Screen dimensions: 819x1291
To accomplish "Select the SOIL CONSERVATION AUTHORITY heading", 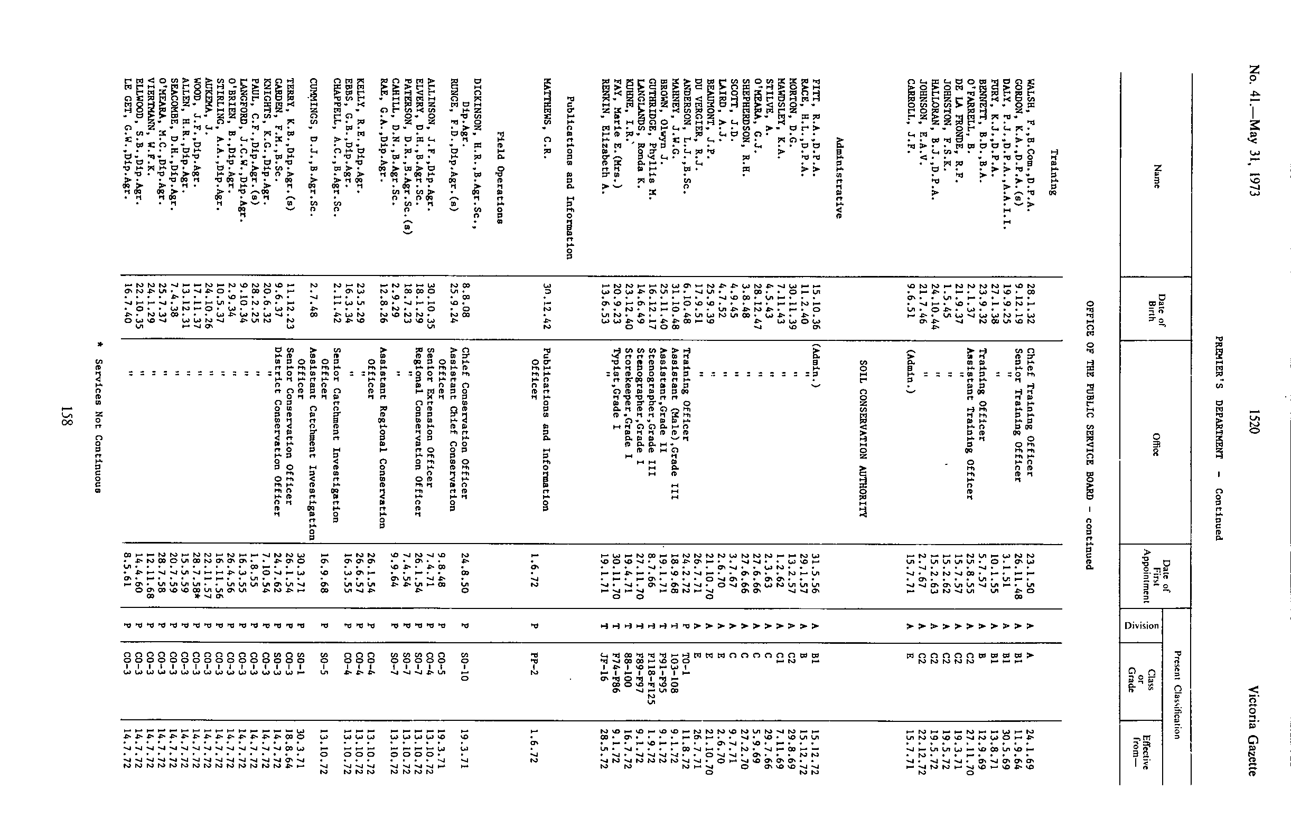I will [863, 438].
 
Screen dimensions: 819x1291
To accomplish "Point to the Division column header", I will [1142, 625].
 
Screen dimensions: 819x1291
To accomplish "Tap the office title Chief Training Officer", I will [1030, 413].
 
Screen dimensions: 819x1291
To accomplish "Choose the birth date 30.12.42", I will [545, 308].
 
